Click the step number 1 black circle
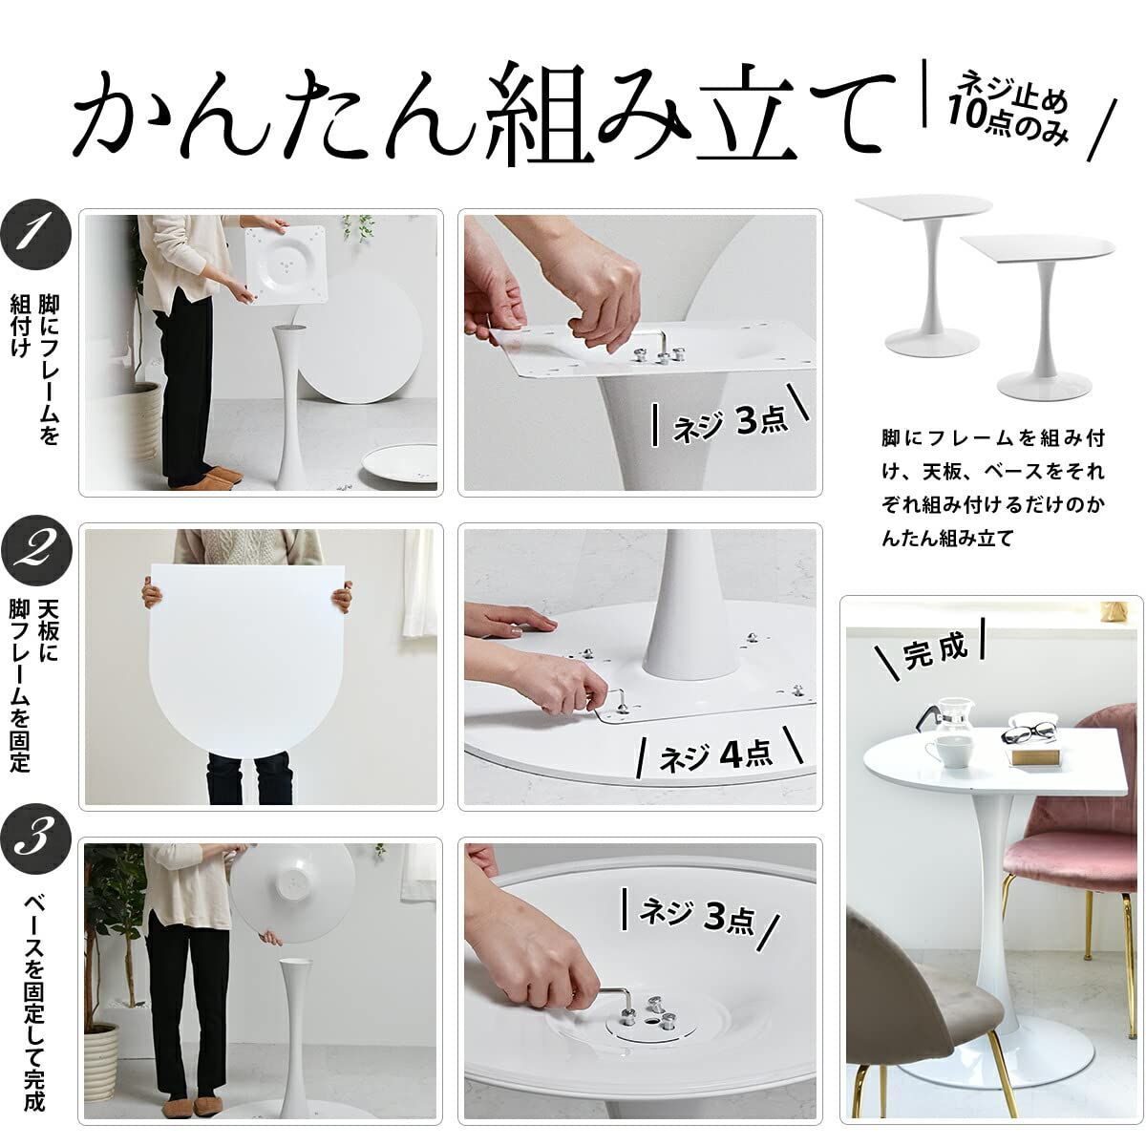(37, 234)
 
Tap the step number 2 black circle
(37, 552)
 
